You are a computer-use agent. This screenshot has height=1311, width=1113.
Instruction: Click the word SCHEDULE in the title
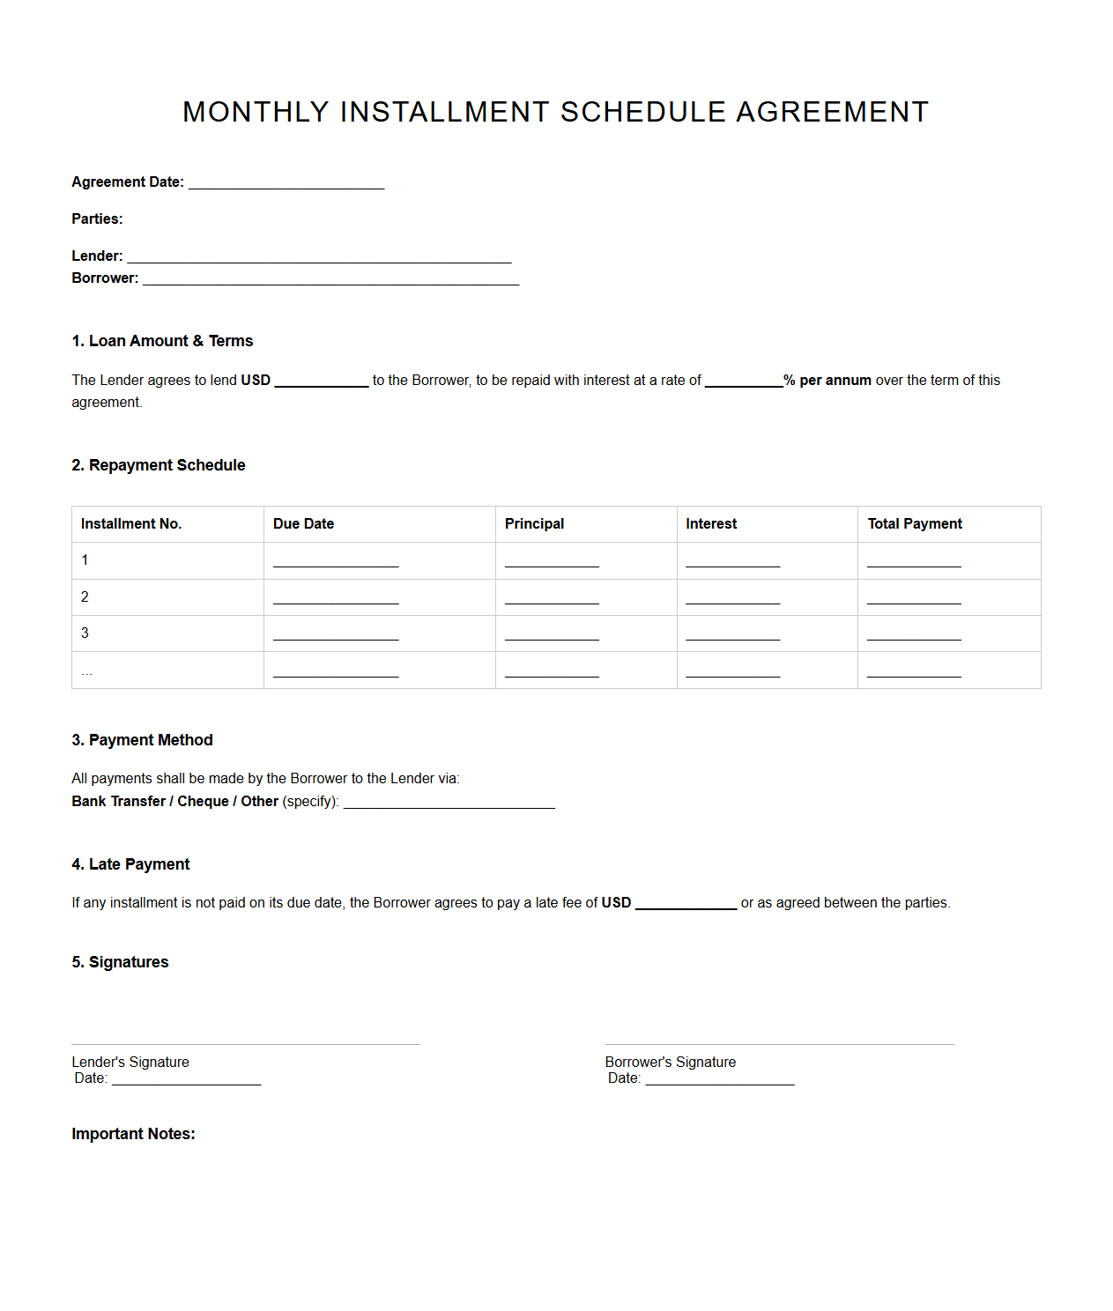(x=642, y=112)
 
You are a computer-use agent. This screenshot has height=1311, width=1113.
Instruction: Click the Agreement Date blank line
(x=286, y=182)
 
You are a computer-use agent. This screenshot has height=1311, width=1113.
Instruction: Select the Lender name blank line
(x=319, y=256)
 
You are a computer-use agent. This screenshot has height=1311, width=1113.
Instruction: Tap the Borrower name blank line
(x=330, y=278)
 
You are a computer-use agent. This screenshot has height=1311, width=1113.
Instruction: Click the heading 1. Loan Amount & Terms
(x=162, y=341)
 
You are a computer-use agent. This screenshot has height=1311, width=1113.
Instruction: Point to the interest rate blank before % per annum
(x=743, y=381)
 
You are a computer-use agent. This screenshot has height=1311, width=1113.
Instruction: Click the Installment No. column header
(x=131, y=523)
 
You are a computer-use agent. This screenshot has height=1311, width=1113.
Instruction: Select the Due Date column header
(x=303, y=523)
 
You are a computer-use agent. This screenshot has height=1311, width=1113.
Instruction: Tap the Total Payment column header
(x=914, y=523)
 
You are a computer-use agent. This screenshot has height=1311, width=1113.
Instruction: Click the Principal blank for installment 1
(x=552, y=561)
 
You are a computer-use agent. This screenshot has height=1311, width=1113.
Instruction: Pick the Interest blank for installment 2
(x=732, y=598)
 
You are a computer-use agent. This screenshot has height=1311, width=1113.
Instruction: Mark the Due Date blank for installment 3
(x=336, y=634)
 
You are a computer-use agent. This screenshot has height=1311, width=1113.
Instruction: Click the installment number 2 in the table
(x=85, y=596)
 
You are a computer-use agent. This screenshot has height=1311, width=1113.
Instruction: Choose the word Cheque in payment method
(x=203, y=801)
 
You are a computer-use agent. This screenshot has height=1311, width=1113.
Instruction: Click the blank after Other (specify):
(x=449, y=802)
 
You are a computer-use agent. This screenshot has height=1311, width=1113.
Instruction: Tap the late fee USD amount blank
(x=686, y=903)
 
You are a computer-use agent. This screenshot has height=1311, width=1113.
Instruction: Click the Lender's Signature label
(x=130, y=1062)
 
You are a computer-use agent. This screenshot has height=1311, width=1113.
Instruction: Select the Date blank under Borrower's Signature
(x=719, y=1078)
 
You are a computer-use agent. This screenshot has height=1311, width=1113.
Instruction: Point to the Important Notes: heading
(x=133, y=1134)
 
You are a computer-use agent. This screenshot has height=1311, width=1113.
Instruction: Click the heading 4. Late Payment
(x=130, y=864)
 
